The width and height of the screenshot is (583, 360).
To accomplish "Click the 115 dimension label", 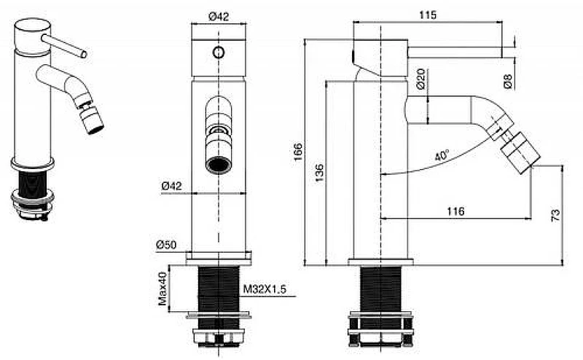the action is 428,15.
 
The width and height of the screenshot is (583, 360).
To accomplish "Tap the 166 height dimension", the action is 298,152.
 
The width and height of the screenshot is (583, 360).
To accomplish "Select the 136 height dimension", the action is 319,173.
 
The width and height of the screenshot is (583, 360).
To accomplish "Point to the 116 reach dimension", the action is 455,211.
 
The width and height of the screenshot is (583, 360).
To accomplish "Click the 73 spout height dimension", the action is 555,215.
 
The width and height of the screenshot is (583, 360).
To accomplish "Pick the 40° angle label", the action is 442,155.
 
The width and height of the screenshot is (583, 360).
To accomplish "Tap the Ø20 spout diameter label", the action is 420,79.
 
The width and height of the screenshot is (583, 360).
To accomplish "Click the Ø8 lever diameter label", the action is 508,81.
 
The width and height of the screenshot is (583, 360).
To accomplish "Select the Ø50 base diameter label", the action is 166,245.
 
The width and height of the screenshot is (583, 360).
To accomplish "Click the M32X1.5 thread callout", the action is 265,289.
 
